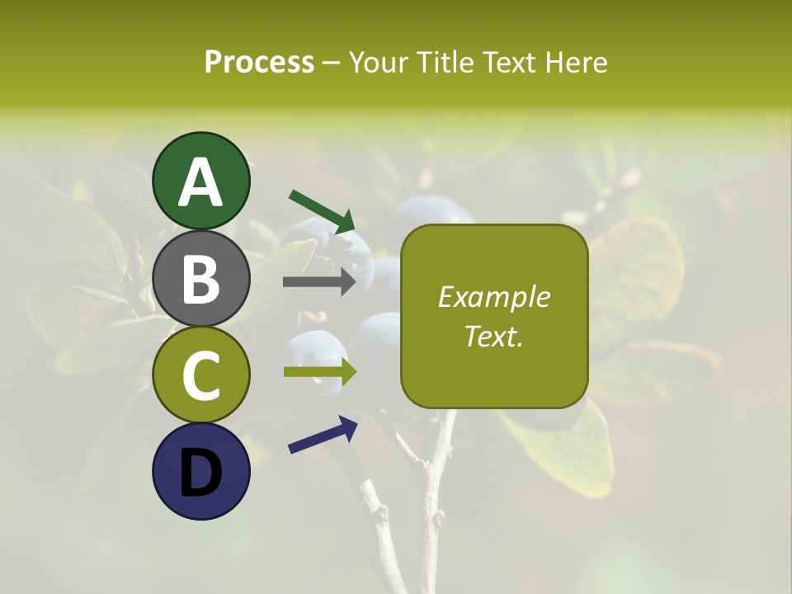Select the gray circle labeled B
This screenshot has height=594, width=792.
tap(201, 279)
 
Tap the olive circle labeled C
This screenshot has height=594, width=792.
tap(201, 375)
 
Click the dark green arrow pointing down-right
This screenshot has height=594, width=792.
tap(322, 211)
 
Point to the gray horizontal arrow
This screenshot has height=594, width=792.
tap(319, 282)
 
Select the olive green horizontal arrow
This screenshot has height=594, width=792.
tap(320, 371)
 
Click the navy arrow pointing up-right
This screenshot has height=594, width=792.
tap(323, 435)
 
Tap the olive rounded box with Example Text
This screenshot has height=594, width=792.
tap(494, 317)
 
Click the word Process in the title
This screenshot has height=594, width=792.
tap(259, 62)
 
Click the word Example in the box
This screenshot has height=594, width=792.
tap(494, 297)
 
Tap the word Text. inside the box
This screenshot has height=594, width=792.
tap(494, 336)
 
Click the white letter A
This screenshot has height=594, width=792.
tap(201, 183)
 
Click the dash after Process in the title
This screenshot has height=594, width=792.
tap(332, 63)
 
